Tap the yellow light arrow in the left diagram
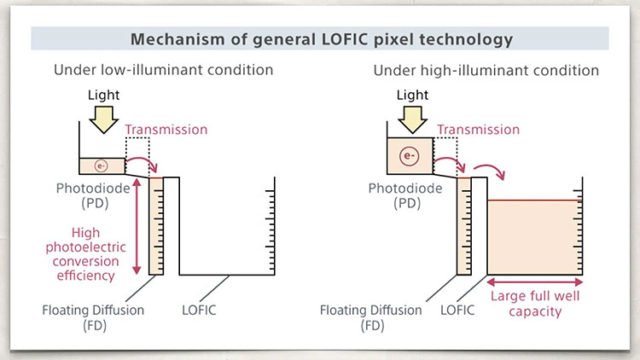tap(103, 119)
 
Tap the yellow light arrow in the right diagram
tap(412, 119)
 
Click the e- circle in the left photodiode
tap(102, 166)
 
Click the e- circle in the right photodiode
tap(410, 156)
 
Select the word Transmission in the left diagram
tap(166, 130)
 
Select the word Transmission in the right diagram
tap(479, 130)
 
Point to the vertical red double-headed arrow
tap(137, 227)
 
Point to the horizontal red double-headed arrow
tap(535, 282)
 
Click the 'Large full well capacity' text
tap(535, 304)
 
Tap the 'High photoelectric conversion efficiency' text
tap(85, 254)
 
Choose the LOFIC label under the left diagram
tap(199, 311)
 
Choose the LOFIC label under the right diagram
tap(457, 311)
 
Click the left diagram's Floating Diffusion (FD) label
tap(93, 318)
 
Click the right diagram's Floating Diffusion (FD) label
tap(370, 318)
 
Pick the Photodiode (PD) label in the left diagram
tap(93, 195)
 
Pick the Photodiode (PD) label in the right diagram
tap(405, 195)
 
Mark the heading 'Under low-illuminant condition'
tap(163, 70)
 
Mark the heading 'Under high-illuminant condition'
tap(486, 70)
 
